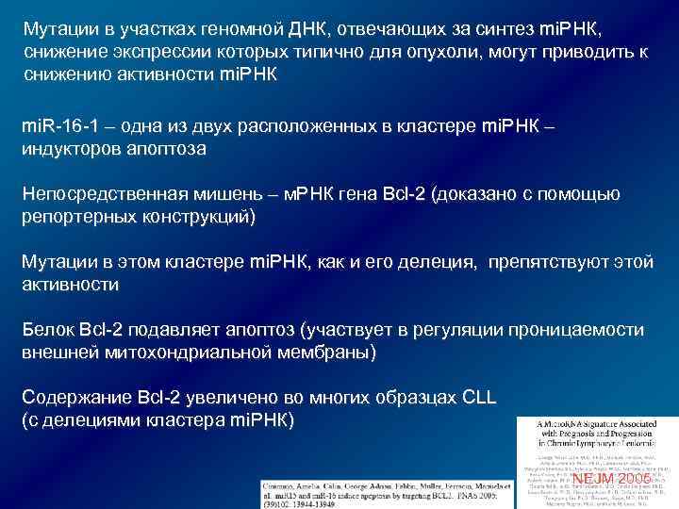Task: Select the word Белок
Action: [46, 330]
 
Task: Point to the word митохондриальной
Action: [176, 353]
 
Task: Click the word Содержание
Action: [74, 397]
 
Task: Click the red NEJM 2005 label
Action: [611, 479]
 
